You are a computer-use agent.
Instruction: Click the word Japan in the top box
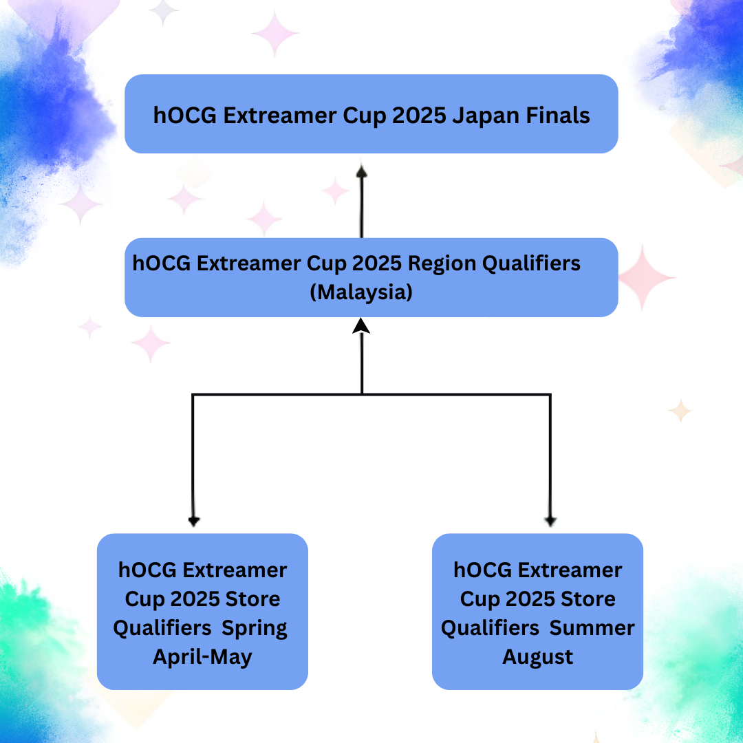coord(485,116)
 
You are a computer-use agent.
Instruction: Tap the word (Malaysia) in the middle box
coord(361,292)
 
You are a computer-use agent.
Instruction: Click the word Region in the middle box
coord(442,264)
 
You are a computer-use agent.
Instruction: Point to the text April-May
coord(202,658)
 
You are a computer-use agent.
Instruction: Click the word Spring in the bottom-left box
coord(255,629)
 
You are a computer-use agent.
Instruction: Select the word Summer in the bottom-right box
coord(592,628)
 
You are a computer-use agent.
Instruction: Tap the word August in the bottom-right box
coord(537,658)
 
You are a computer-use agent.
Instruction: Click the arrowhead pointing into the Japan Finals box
coord(362,171)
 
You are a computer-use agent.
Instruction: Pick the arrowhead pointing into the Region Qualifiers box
coord(361,325)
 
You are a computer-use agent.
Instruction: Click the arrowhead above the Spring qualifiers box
coord(194,521)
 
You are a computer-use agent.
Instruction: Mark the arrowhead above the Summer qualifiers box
coord(550,521)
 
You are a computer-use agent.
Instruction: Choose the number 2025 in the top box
coord(419,116)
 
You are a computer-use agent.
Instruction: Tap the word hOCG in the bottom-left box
coord(147,570)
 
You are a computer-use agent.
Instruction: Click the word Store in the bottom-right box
coord(588,599)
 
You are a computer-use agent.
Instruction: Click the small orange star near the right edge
coord(680,411)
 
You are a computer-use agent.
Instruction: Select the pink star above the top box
coord(274,33)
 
